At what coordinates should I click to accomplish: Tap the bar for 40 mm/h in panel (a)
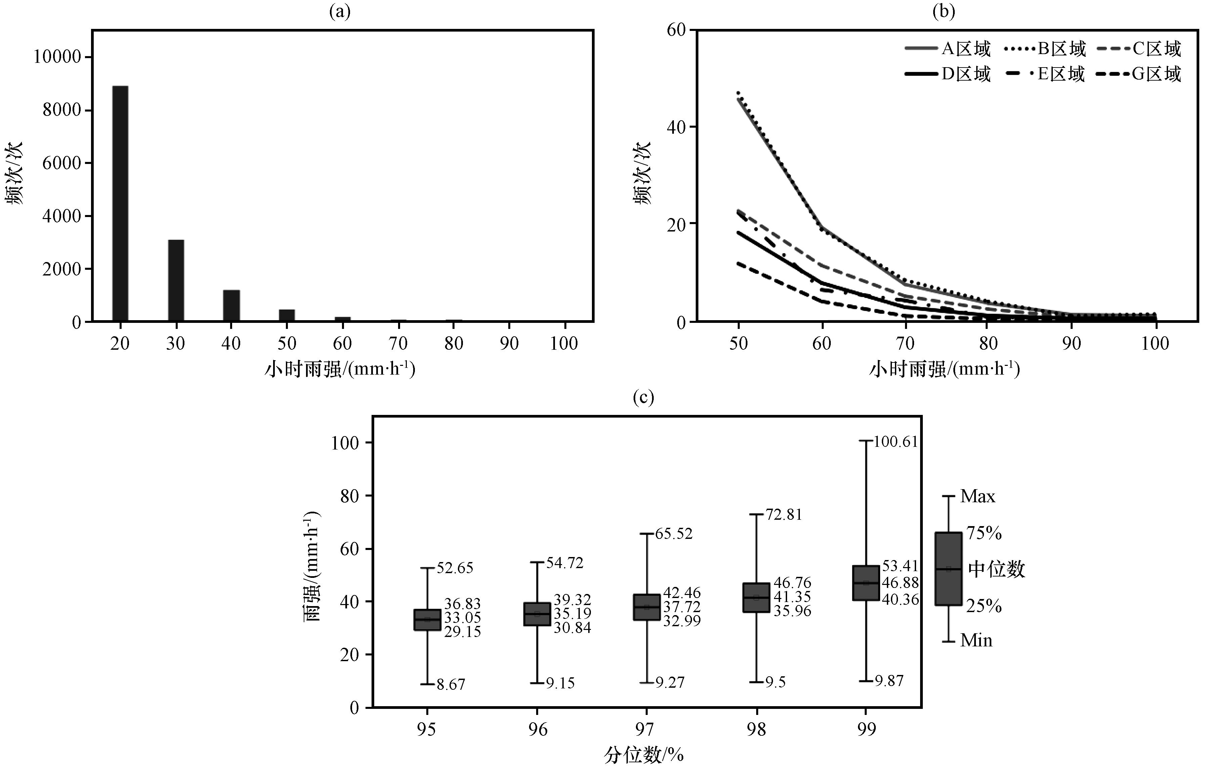(231, 306)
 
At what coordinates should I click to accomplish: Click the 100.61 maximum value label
(896, 441)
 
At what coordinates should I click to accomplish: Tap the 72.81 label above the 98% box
(784, 514)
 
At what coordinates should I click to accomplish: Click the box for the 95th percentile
(427, 620)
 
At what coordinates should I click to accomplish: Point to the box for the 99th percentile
(866, 583)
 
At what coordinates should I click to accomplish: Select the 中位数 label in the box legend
(996, 569)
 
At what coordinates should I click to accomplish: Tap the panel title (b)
(944, 11)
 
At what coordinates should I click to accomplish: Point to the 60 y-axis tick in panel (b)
(676, 30)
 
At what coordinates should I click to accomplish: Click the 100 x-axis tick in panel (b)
(1155, 344)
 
